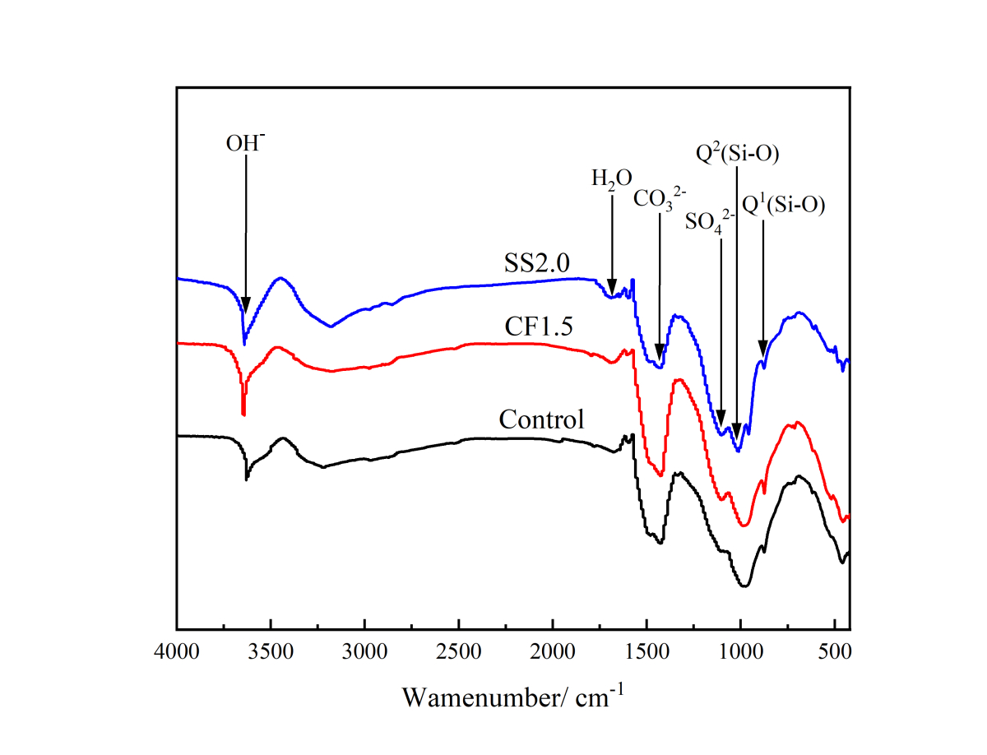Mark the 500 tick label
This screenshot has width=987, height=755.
(x=835, y=654)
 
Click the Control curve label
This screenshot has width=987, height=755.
(x=542, y=419)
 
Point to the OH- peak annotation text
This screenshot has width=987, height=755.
(x=246, y=142)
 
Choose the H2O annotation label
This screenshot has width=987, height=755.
(x=612, y=178)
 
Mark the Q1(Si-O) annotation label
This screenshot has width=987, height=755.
(x=784, y=205)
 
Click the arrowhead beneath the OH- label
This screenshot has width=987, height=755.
(x=246, y=306)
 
